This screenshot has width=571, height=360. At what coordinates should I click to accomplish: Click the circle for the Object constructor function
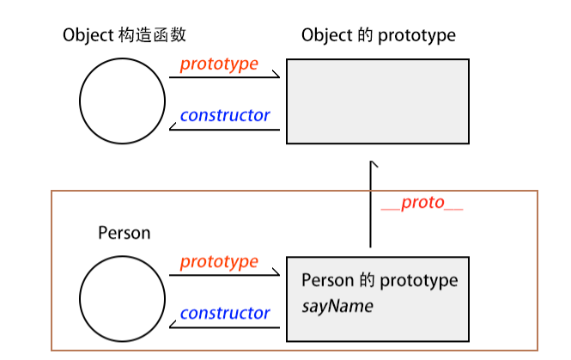[x=122, y=101]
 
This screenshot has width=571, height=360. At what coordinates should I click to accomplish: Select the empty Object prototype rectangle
[x=377, y=101]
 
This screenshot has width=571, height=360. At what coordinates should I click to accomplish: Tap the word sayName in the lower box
[x=337, y=305]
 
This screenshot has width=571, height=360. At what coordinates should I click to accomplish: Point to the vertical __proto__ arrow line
[x=371, y=206]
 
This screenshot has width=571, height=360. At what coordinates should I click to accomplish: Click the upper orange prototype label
[x=219, y=64]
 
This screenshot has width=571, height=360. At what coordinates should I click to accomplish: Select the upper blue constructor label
[x=225, y=115]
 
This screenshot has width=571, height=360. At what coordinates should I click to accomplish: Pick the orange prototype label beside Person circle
[x=219, y=261]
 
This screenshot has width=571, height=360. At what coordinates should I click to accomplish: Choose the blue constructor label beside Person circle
[x=225, y=313]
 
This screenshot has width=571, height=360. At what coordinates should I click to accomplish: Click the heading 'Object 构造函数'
[x=125, y=35]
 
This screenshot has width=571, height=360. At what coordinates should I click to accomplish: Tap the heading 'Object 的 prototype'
[x=379, y=35]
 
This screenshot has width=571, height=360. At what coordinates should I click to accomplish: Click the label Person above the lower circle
[x=124, y=233]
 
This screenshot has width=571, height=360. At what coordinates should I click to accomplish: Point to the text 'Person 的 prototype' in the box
[x=380, y=281]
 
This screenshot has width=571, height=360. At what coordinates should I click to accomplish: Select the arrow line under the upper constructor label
[x=225, y=130]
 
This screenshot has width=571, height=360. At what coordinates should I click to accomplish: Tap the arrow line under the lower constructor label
[x=225, y=327]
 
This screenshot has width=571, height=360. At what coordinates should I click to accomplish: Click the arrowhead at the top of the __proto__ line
[x=372, y=162]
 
